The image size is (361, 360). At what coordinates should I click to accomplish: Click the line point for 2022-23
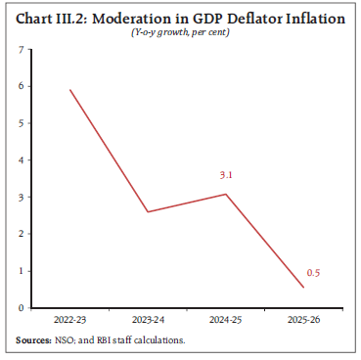click(70, 90)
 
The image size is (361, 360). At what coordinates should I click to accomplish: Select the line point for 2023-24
click(146, 211)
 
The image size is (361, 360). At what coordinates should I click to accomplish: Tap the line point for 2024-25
click(226, 194)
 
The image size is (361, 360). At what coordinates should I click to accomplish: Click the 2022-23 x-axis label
click(69, 321)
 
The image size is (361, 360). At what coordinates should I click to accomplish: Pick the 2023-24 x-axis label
click(148, 321)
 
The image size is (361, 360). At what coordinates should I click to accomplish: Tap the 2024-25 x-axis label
click(226, 321)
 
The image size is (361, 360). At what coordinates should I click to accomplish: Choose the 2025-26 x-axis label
click(304, 321)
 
